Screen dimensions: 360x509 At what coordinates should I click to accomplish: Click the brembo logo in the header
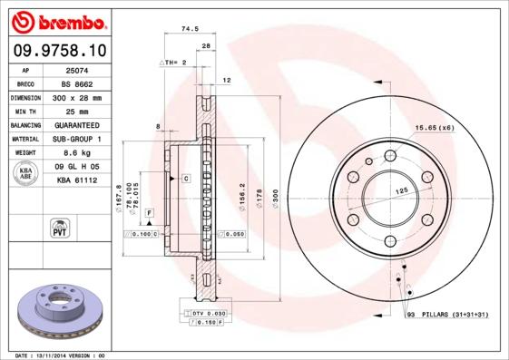point(56,20)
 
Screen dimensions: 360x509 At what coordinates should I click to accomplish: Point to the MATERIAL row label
point(24,139)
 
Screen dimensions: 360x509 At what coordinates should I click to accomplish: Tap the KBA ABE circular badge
point(25,174)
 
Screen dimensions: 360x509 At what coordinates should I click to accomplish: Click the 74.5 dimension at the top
point(190,29)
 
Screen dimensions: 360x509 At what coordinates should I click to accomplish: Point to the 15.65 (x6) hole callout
point(435,128)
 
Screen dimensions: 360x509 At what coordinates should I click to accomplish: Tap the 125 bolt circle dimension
point(400,191)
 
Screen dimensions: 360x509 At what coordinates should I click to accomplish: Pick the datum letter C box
point(185,179)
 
